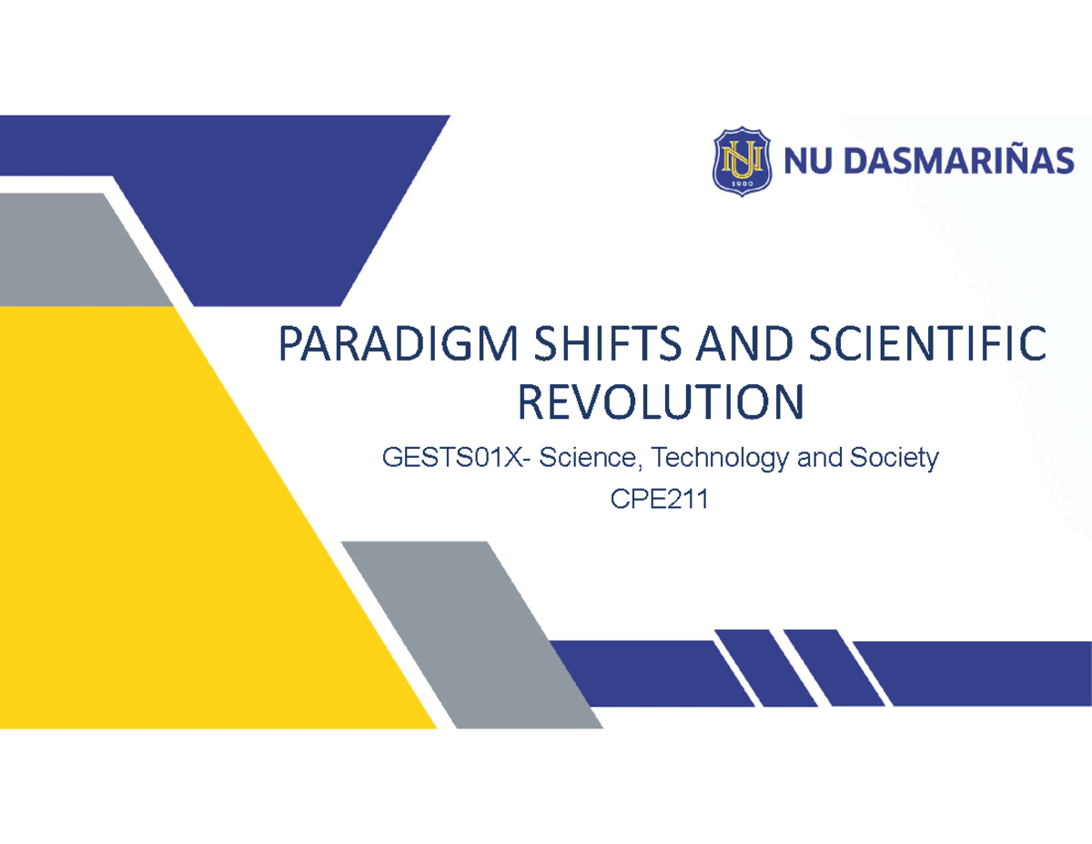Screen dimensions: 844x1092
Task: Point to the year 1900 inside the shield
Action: pyautogui.click(x=741, y=182)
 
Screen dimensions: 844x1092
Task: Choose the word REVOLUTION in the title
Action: pyautogui.click(x=662, y=402)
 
